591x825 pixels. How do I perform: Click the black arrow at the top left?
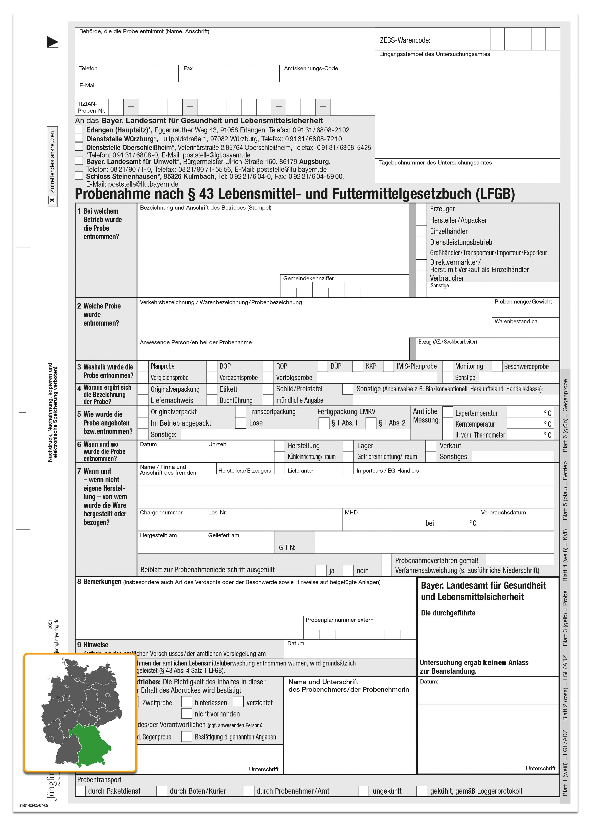click(x=52, y=42)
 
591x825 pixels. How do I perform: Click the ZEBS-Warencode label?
click(x=405, y=40)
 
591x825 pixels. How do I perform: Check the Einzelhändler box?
click(x=422, y=231)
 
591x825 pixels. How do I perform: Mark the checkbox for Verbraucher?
click(x=422, y=277)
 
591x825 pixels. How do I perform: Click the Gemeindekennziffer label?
click(x=308, y=278)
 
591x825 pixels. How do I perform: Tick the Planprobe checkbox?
click(x=143, y=366)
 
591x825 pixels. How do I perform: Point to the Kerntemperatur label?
click(x=475, y=424)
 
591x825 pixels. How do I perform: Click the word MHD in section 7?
click(x=351, y=513)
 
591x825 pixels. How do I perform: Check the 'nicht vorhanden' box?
click(x=187, y=714)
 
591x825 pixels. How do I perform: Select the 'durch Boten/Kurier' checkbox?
click(x=162, y=791)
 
